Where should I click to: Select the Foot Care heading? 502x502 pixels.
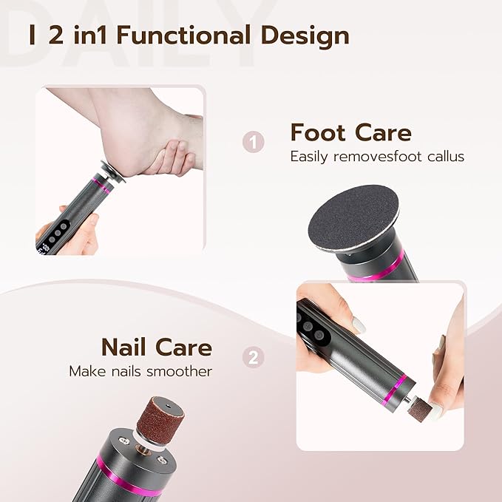pos(350,132)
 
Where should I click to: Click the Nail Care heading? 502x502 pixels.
pos(156,347)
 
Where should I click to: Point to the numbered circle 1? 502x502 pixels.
pos(254,141)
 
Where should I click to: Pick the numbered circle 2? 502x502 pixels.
pos(254,358)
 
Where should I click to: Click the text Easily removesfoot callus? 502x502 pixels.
pos(377,157)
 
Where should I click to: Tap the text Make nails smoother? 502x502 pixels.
pos(140,370)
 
